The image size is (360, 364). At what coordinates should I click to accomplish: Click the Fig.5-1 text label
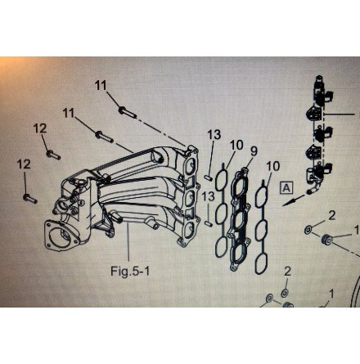point(130,271)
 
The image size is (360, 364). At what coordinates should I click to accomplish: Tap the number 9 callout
point(254,151)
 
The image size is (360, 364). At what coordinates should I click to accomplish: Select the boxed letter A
point(286,188)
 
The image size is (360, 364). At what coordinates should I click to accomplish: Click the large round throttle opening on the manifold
point(63,236)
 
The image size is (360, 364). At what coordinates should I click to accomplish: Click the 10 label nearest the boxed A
point(273,166)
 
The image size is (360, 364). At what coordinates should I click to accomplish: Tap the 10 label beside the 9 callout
point(236,146)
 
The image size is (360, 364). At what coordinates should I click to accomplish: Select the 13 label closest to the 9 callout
point(214,134)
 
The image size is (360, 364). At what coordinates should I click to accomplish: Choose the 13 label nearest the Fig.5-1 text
point(209,196)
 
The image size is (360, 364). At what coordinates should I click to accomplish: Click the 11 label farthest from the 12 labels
point(101,86)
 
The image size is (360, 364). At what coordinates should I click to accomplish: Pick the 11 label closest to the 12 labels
point(69,113)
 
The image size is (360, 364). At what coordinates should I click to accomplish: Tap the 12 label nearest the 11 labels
point(40,128)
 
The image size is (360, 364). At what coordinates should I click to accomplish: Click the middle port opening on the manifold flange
point(190,198)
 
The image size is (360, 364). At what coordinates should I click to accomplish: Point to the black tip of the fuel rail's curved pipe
point(309,191)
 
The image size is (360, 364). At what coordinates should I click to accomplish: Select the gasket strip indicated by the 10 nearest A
point(262,227)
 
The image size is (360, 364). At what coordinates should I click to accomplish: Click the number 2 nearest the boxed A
point(331,216)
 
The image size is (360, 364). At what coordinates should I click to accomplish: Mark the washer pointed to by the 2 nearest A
point(308,230)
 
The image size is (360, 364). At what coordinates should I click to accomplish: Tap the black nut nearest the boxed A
point(326,239)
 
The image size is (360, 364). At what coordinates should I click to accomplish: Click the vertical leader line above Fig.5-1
point(128,243)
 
